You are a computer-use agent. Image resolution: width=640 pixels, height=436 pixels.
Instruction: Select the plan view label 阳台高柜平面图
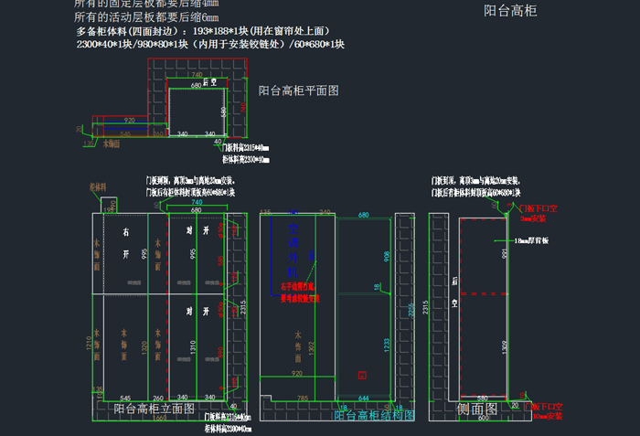(x=298, y=90)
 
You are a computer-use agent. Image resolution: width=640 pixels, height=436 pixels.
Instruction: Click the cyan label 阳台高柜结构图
(x=374, y=415)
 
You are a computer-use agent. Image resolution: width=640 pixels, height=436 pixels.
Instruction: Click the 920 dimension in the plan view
(x=130, y=120)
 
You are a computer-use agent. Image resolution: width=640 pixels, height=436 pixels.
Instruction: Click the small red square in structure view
(x=363, y=375)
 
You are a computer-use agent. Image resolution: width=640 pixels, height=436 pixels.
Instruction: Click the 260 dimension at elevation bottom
(x=157, y=398)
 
